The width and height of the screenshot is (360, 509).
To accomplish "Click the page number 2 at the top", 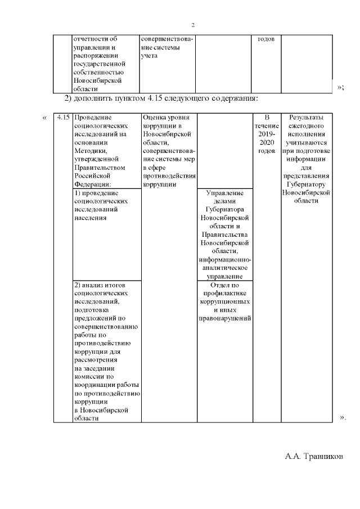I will [x=193, y=25].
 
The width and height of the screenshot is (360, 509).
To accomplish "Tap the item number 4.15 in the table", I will [x=63, y=118].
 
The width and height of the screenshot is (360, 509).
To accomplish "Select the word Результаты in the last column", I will [x=306, y=118].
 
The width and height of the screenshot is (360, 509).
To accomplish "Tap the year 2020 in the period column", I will [x=267, y=143].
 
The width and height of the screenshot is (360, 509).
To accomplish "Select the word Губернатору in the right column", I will [x=307, y=184].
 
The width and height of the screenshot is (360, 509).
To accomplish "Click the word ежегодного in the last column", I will [x=306, y=126].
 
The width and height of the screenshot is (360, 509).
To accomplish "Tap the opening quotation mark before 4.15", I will [x=44, y=118].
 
